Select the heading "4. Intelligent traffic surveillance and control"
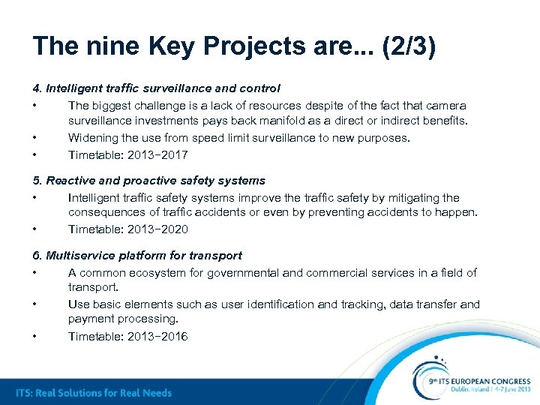tap(157, 88)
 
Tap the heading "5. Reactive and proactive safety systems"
tap(149, 181)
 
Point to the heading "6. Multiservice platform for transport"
tap(138, 256)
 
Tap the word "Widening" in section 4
tap(92, 138)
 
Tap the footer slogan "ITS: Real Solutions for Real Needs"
tap(94, 393)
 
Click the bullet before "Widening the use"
tap(35, 138)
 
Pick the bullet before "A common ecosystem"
tap(35, 273)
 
